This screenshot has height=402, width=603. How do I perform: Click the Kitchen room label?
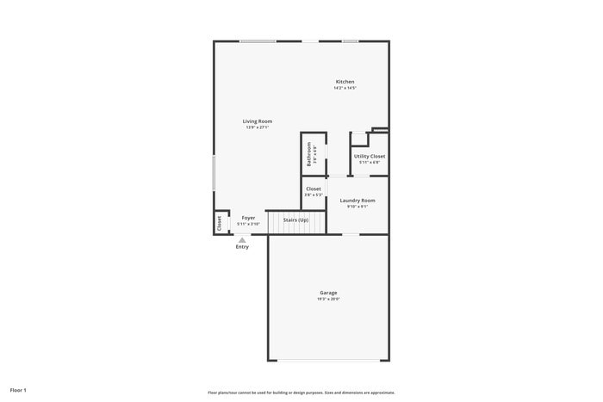[345, 82]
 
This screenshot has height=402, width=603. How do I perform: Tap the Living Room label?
[258, 121]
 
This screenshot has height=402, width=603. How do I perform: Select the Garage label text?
[328, 293]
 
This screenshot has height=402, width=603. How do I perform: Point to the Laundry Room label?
[357, 200]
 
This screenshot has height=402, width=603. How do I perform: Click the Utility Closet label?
[370, 156]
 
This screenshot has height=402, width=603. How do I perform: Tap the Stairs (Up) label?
[295, 220]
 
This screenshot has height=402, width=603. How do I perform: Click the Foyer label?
[248, 218]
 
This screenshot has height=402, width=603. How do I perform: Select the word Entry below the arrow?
[242, 247]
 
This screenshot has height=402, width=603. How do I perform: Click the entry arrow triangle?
[242, 239]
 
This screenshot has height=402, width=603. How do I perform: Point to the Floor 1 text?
[18, 390]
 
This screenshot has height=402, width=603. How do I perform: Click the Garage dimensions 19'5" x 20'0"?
[328, 300]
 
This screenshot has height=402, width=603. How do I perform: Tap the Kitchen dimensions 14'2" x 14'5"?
[345, 88]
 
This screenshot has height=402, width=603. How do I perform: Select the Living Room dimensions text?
[258, 127]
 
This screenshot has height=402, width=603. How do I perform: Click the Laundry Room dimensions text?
[357, 206]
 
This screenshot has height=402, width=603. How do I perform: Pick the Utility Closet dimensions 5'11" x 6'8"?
[370, 162]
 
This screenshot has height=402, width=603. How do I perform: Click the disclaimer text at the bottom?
[301, 392]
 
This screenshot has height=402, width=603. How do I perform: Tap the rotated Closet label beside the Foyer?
[220, 223]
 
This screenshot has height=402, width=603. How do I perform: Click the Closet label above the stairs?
[314, 189]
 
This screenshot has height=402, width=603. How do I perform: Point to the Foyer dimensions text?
[248, 224]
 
